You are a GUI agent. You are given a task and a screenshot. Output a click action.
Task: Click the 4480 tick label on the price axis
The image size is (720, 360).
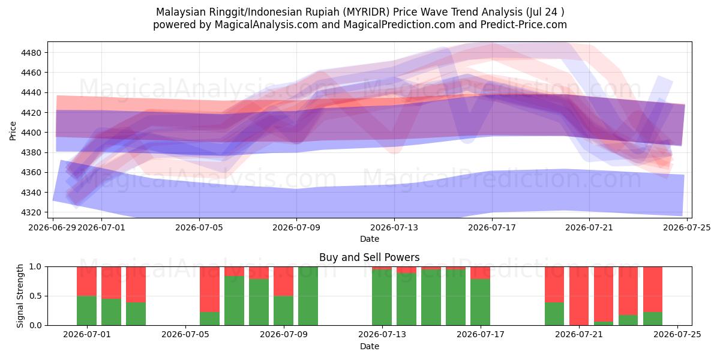pos(31,53)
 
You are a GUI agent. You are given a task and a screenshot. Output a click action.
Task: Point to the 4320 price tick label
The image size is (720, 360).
pos(31,212)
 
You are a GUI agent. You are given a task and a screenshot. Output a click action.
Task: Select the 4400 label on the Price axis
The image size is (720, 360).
pos(31,133)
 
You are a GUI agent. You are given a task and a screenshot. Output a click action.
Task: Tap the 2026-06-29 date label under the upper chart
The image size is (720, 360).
pos(52,227)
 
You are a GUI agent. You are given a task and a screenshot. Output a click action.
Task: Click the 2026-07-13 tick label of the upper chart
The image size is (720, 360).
pos(394,227)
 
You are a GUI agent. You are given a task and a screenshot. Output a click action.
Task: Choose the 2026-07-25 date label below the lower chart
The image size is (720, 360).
pos(677,334)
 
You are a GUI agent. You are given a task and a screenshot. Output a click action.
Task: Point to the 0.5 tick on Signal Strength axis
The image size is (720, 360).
pos(35,296)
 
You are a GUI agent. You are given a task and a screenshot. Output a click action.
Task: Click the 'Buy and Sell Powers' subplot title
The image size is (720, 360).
pos(370,257)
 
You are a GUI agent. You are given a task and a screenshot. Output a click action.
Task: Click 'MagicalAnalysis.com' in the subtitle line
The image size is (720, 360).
pos(266,25)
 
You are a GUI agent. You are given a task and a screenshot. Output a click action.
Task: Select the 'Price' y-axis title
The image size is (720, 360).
pos(13,131)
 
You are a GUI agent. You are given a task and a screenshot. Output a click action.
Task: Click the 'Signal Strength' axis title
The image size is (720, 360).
pos(20,296)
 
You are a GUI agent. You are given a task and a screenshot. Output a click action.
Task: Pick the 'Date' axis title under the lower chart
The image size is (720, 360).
pos(370,346)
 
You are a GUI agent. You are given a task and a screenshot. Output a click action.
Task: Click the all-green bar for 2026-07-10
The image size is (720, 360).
pos(308,296)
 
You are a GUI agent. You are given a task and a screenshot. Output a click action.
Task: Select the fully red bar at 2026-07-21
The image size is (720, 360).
pos(579,296)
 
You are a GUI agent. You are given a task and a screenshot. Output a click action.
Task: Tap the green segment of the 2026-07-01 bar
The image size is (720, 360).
pos(87,311)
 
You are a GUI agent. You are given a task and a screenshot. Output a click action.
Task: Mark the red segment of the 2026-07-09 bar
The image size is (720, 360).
pos(283,281)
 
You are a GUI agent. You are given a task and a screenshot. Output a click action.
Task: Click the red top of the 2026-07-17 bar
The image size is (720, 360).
pos(480,273)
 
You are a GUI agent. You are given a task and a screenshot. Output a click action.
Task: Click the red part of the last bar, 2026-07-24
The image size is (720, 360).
pos(653,289)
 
